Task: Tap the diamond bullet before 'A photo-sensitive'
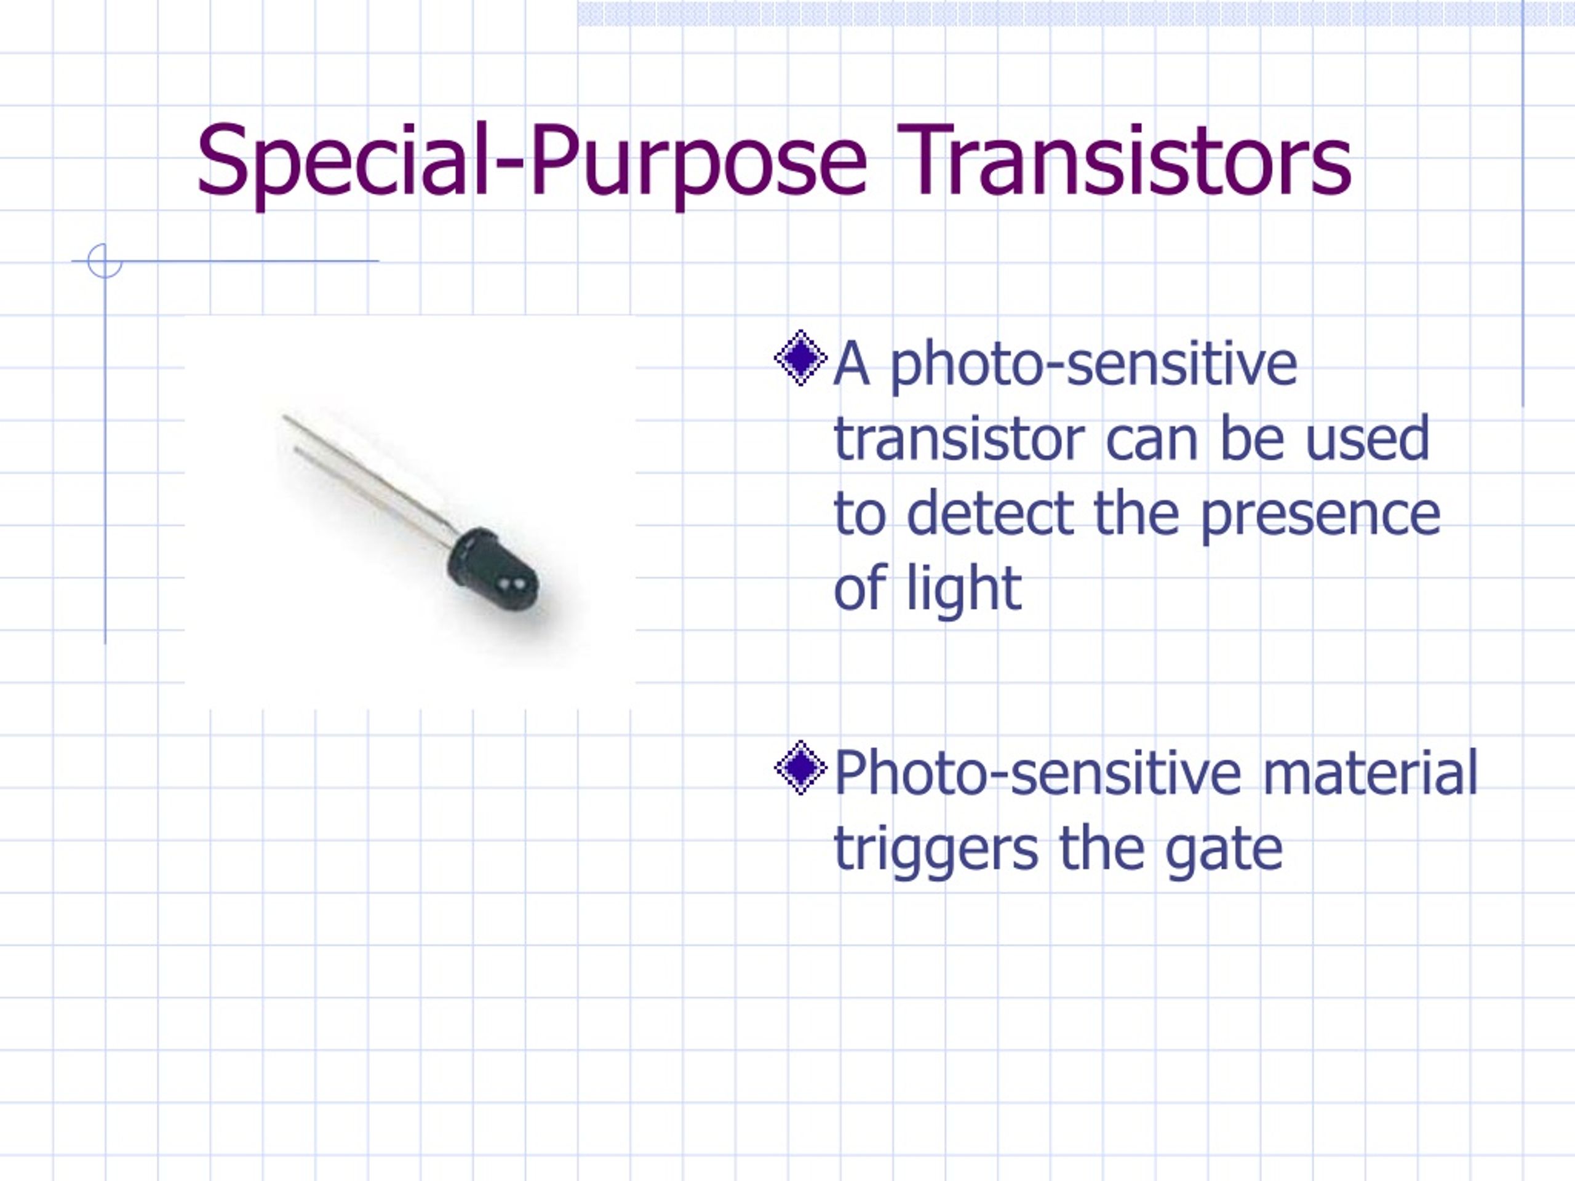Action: click(x=800, y=357)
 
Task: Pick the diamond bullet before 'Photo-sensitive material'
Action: click(x=800, y=768)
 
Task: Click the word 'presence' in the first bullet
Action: click(x=1322, y=515)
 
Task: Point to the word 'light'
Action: click(x=964, y=588)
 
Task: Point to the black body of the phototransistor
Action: click(x=492, y=570)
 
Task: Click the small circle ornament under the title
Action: click(x=105, y=261)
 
